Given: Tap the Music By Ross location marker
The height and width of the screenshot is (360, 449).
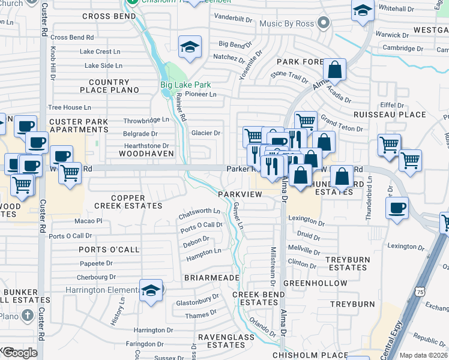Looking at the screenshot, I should click(324, 23).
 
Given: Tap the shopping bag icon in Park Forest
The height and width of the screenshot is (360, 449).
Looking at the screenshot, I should click(336, 70).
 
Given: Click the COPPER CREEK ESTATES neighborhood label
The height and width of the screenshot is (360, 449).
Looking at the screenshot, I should click(128, 202).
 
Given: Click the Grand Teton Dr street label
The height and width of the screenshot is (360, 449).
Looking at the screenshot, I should click(342, 123).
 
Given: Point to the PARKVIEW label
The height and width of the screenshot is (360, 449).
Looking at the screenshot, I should click(240, 194).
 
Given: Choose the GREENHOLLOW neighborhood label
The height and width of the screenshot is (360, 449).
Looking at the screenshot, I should click(315, 283).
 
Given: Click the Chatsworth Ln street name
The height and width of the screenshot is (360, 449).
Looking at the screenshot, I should click(199, 213).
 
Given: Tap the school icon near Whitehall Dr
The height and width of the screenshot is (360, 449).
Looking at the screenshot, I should click(363, 11).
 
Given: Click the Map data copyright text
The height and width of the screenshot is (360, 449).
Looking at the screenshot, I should click(423, 355).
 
